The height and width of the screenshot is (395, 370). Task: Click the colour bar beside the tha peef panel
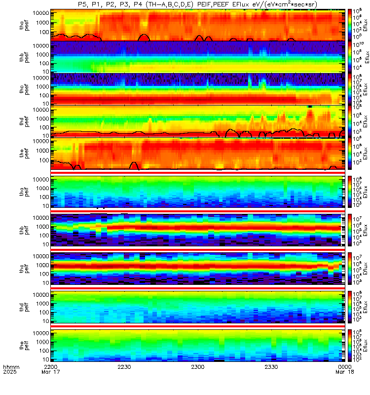click(x=350, y=25)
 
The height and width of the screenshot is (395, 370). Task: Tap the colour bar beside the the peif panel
click(x=350, y=344)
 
